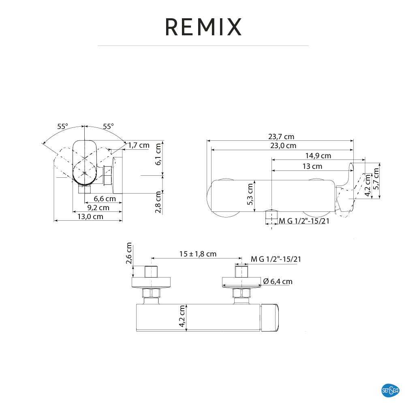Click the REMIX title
click(203, 27)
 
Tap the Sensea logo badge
click(391, 391)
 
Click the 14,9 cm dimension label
click(318, 156)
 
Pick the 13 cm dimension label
click(312, 166)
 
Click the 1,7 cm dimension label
click(139, 145)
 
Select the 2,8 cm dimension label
click(158, 202)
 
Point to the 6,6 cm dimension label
click(105, 199)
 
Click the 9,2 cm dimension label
click(98, 208)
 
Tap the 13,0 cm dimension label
click(90, 217)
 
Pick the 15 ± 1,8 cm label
click(198, 254)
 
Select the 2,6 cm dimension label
click(129, 254)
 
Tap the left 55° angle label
click(62, 126)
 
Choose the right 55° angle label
click(108, 126)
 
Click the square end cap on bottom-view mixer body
click(270, 317)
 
